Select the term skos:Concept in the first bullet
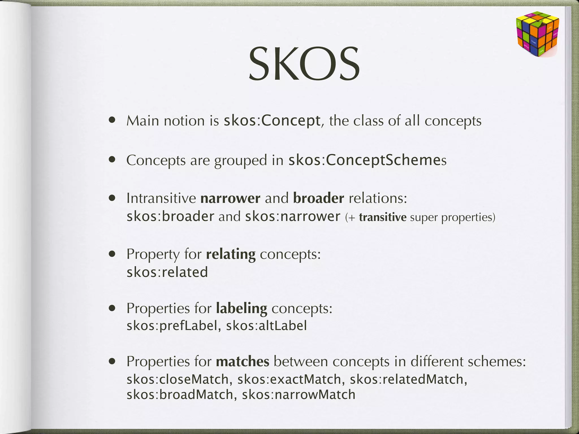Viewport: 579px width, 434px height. (x=272, y=121)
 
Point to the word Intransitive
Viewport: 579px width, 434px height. (x=161, y=198)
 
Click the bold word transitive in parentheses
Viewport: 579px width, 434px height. (x=383, y=217)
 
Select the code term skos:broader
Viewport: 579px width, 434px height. (x=170, y=217)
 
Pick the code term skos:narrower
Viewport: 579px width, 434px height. (x=293, y=217)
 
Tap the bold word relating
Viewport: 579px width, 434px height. (x=231, y=254)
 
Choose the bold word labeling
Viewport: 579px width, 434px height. (x=241, y=308)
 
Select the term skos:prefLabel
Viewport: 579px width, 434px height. (x=172, y=326)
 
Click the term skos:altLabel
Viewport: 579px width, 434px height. (x=266, y=326)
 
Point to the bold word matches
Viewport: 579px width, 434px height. (x=243, y=361)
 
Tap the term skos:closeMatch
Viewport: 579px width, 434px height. (x=177, y=379)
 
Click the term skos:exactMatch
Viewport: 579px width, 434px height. (x=289, y=379)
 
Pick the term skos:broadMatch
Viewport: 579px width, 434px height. (x=180, y=395)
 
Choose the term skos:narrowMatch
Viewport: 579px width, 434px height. (x=299, y=395)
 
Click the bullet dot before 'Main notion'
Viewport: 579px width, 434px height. (x=113, y=120)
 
